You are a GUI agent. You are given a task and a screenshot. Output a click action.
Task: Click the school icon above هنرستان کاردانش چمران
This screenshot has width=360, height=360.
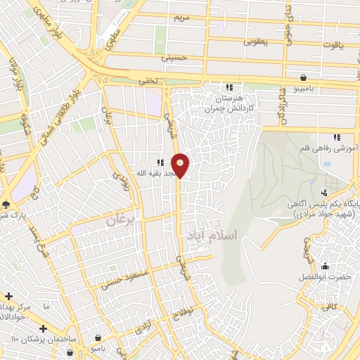click(229, 87)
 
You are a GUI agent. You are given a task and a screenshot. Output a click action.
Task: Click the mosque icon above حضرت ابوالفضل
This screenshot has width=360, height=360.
click(325, 266)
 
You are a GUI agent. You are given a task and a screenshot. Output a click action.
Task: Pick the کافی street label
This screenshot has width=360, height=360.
click(329, 306)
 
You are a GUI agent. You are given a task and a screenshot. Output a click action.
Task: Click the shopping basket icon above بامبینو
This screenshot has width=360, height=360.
click(303, 77)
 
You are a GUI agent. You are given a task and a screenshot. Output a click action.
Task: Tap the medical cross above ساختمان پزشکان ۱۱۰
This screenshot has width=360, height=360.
click(43, 328)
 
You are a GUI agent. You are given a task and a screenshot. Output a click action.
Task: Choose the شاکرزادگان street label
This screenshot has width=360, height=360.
click(282, 105)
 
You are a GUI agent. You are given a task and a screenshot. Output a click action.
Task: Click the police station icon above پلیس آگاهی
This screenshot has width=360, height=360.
click(323, 192)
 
